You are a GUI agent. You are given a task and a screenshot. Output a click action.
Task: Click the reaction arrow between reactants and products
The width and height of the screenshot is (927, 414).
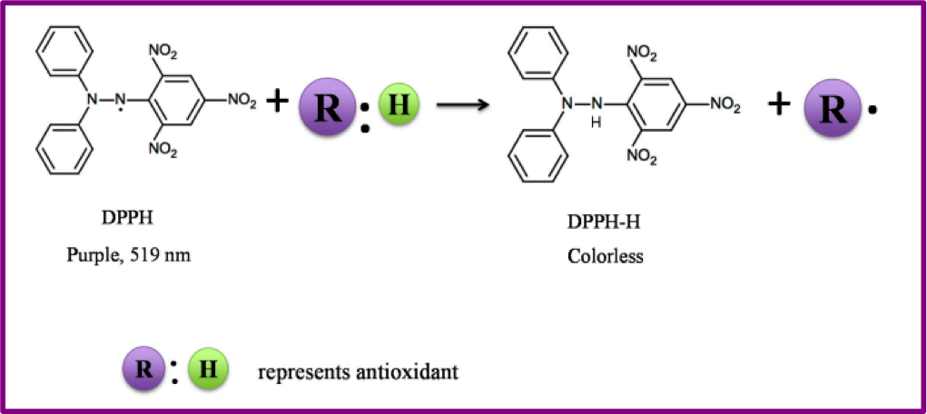tap(463, 105)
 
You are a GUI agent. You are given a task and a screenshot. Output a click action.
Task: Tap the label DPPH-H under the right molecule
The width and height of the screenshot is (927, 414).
tap(606, 220)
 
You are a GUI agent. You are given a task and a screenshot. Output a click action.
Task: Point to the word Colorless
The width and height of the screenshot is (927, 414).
tap(606, 256)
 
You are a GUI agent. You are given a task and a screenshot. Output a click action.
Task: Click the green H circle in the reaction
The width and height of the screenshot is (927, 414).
tap(398, 103)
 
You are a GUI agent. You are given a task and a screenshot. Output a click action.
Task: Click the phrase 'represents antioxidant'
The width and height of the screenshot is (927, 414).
tap(358, 371)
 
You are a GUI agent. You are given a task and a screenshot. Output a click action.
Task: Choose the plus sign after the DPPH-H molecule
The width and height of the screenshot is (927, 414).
tap(777, 103)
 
